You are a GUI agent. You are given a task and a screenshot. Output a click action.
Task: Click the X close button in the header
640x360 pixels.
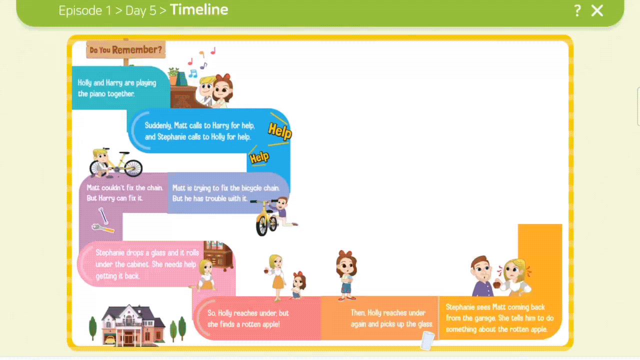[x=597, y=10]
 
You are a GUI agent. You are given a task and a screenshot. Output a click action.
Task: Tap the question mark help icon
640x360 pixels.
[x=577, y=10]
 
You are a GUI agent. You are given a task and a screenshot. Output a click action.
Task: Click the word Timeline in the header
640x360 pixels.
[x=199, y=9]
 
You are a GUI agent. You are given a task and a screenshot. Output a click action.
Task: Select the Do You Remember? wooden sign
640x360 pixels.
[x=126, y=49]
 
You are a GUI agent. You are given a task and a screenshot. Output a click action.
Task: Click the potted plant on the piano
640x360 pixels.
[x=173, y=75]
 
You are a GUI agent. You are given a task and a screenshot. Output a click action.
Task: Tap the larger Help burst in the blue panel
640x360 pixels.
[x=279, y=131]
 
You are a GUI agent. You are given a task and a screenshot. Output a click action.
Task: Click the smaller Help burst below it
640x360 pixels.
[x=259, y=158]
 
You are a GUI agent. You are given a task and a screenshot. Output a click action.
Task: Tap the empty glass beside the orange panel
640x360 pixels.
[x=427, y=341]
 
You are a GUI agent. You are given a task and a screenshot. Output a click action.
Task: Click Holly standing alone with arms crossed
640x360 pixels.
[x=346, y=275]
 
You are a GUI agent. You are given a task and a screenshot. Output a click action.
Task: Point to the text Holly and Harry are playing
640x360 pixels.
[x=117, y=83]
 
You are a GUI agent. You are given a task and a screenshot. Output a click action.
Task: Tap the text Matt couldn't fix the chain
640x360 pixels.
[x=124, y=187]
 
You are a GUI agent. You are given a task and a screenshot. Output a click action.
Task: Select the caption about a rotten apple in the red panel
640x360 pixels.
[x=248, y=318]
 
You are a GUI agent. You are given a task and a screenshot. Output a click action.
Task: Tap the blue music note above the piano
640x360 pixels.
[x=192, y=74]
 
